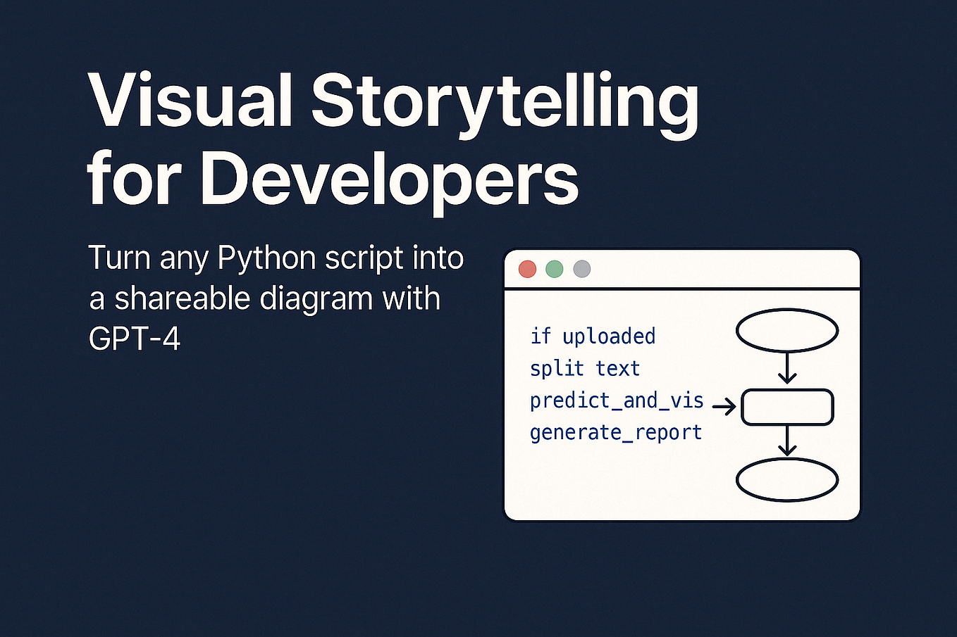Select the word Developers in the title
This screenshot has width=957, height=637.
[389, 177]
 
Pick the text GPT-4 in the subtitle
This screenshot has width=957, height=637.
[135, 339]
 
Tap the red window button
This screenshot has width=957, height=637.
[527, 269]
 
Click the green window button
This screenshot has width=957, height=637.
[555, 269]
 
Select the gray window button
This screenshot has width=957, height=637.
[581, 269]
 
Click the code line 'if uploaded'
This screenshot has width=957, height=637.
[593, 336]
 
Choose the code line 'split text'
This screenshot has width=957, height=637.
[585, 368]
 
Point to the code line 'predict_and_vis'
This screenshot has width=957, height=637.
[617, 401]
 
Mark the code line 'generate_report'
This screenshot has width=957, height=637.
[616, 432]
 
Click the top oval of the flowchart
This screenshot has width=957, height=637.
[787, 330]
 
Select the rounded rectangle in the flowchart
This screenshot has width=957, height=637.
[787, 408]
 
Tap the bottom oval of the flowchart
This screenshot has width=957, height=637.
[787, 480]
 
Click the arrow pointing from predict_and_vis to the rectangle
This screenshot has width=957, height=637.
[724, 406]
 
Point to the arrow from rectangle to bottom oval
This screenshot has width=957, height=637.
[787, 441]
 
